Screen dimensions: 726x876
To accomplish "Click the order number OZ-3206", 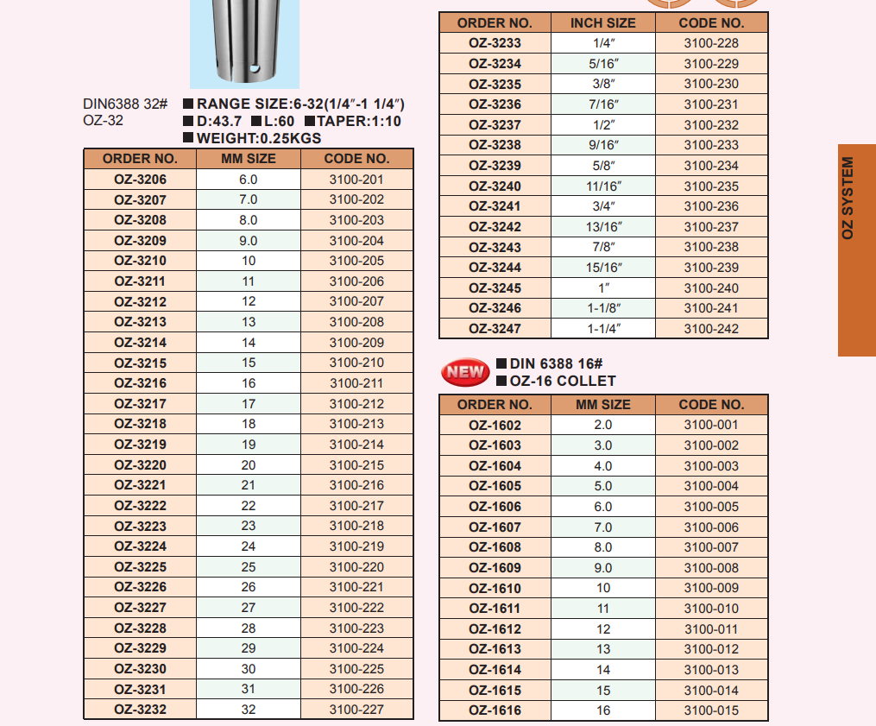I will point(141,180).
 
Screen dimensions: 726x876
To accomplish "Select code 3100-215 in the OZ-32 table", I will point(356,465).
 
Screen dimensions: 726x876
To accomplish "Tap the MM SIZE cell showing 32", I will point(249,710).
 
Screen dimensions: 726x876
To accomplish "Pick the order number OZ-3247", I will point(495,329).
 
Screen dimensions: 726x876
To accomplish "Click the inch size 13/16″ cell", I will point(603,227).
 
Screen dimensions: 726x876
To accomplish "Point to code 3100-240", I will point(711,288).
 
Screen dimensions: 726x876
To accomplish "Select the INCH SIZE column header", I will point(603,23).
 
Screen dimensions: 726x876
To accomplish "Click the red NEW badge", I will point(465,372).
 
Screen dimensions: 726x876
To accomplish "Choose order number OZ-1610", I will point(495,589).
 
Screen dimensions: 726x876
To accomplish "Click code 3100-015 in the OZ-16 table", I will point(711,710).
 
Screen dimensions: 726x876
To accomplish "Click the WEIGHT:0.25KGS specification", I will point(258,138).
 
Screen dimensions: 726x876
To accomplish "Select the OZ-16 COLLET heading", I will point(563,381).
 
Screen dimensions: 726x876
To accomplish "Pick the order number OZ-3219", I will point(141,445).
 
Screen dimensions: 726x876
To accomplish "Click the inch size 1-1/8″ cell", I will point(603,308).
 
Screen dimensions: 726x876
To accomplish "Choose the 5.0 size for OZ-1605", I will point(603,486).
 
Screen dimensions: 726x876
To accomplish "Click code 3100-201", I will point(356,180).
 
